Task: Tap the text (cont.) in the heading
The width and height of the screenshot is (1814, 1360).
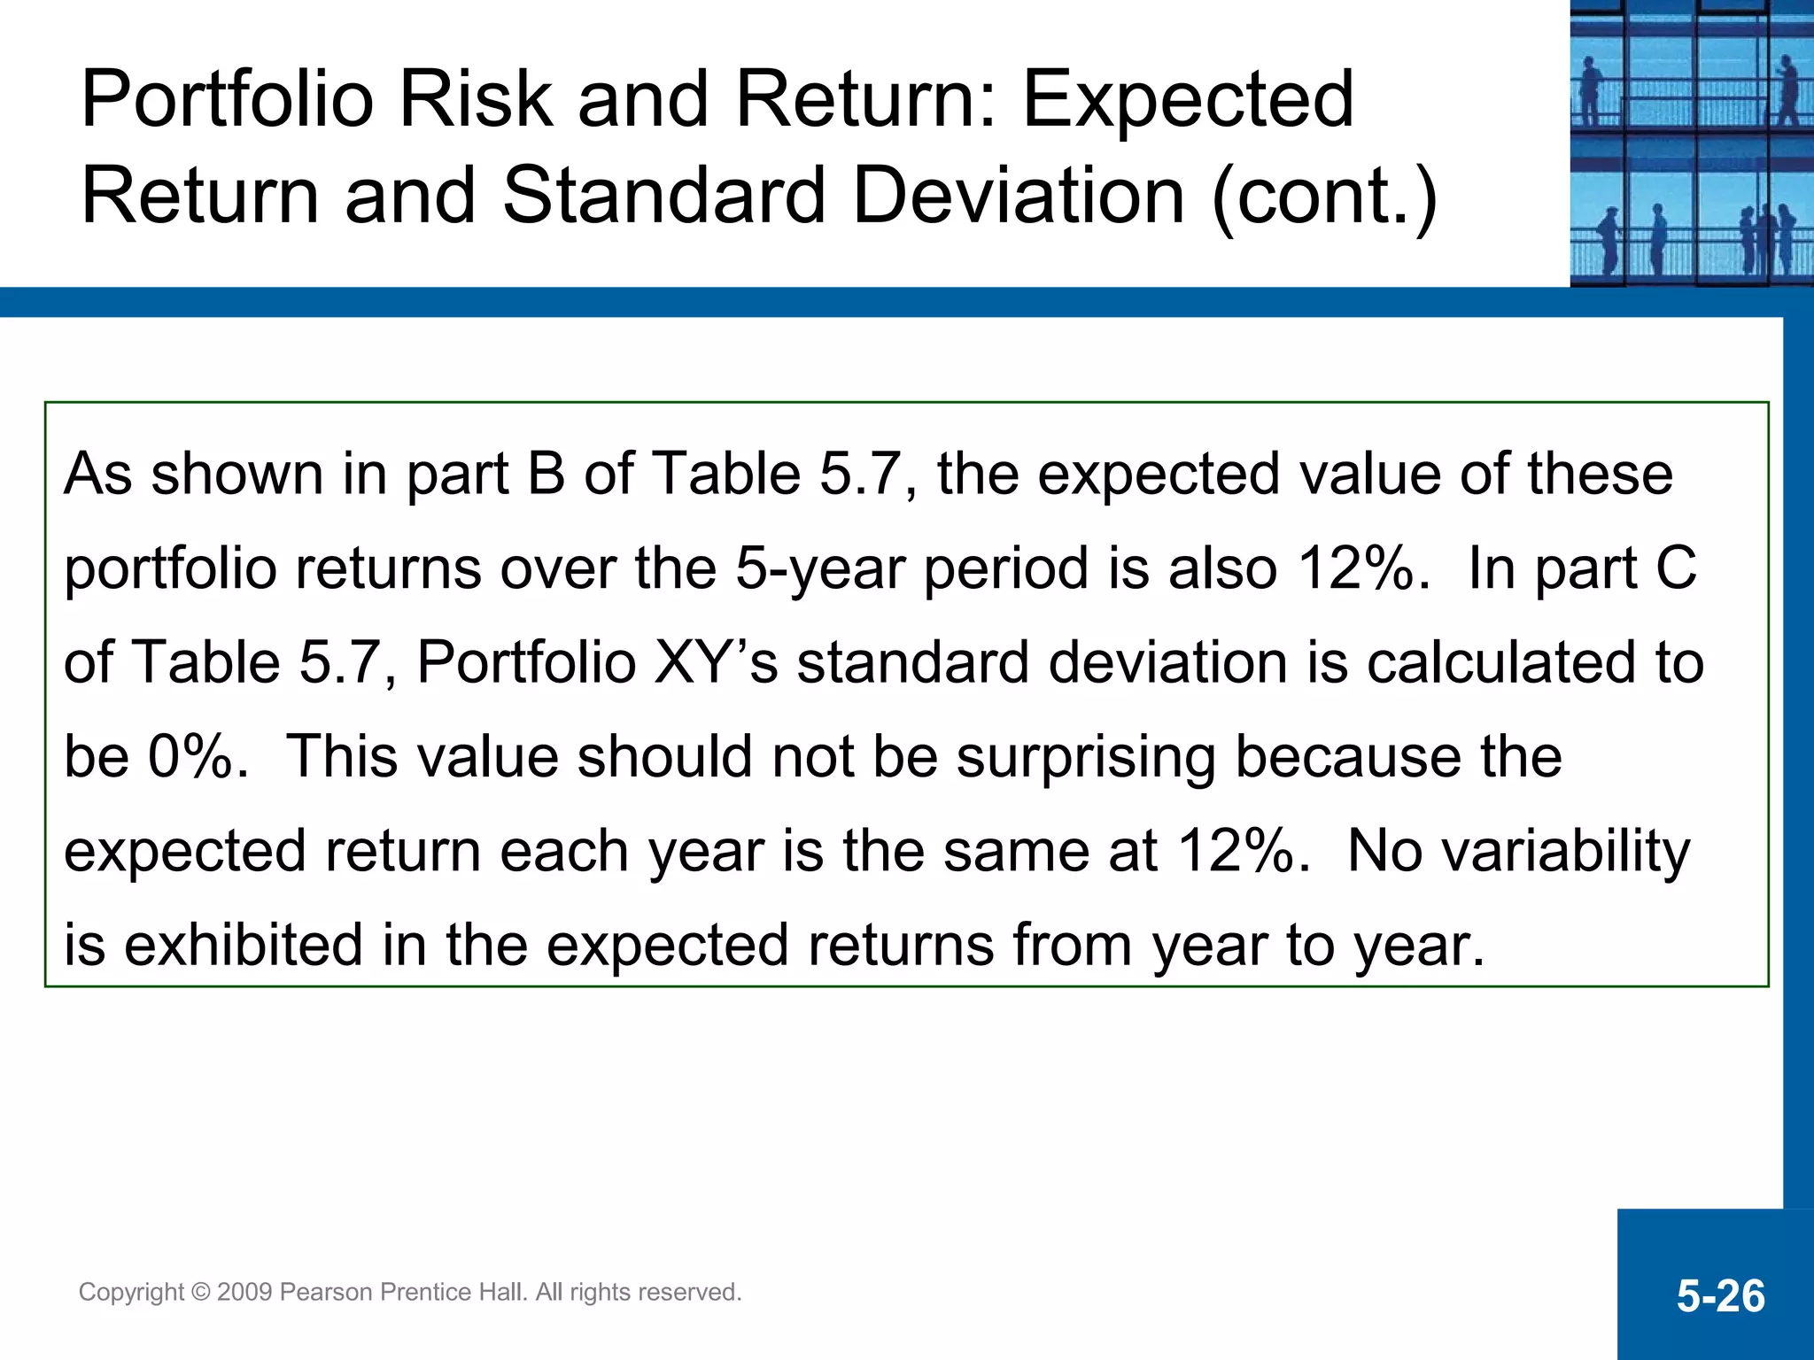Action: coord(1323,196)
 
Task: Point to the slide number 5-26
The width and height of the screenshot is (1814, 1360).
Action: coord(1720,1296)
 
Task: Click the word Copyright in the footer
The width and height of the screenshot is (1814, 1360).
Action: coord(131,1293)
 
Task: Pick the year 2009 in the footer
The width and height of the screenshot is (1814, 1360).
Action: coord(244,1293)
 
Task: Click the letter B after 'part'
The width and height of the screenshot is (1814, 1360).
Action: coord(547,474)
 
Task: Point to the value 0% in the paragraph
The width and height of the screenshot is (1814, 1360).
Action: coord(198,757)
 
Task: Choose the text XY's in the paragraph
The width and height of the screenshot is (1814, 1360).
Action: coord(716,662)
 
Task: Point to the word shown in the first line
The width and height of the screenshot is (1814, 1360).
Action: coord(236,474)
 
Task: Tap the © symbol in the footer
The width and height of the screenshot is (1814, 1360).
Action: coord(200,1293)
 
